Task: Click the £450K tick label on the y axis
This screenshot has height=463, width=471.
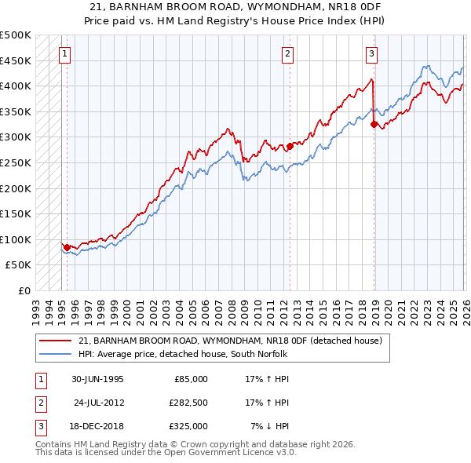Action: point(16,60)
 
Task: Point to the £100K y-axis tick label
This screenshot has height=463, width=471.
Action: point(16,239)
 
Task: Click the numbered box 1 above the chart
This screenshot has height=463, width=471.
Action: point(64,54)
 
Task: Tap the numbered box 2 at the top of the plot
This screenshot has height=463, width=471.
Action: point(288,54)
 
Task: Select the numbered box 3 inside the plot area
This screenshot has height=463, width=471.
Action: point(371,54)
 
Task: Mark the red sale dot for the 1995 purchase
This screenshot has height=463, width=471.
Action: point(68,247)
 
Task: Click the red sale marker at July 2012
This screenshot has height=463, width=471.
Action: point(290,146)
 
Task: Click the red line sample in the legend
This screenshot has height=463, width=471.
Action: point(56,341)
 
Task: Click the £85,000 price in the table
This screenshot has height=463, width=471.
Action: point(188,378)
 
